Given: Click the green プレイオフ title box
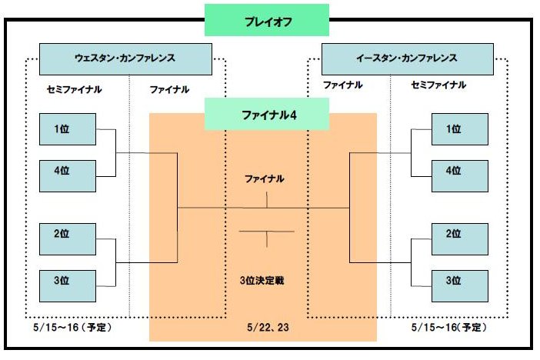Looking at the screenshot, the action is click(x=266, y=19).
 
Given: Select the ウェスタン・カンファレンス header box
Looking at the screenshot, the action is click(x=125, y=58).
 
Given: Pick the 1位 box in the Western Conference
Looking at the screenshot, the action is click(x=67, y=129).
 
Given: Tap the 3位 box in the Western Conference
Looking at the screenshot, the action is click(x=67, y=282).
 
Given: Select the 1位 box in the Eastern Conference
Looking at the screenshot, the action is click(x=459, y=129).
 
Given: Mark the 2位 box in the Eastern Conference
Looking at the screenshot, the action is click(x=459, y=235).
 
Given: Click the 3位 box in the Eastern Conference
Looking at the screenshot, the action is click(x=459, y=280).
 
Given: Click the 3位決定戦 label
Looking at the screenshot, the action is click(x=263, y=281).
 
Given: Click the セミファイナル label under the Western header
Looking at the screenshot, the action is click(x=74, y=89).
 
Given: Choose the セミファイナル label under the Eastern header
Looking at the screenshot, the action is click(x=438, y=85).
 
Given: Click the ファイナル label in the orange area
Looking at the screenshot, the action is click(x=264, y=178).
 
